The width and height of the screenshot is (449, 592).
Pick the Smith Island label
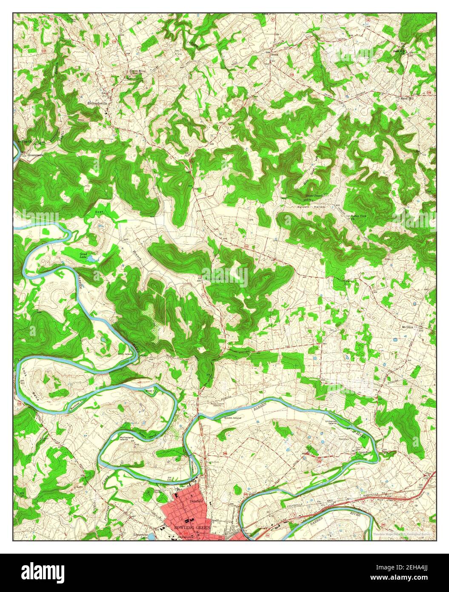click(x=232, y=418)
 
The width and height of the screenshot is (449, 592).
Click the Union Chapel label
click(x=314, y=196)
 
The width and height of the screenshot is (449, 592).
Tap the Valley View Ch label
click(x=358, y=217)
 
